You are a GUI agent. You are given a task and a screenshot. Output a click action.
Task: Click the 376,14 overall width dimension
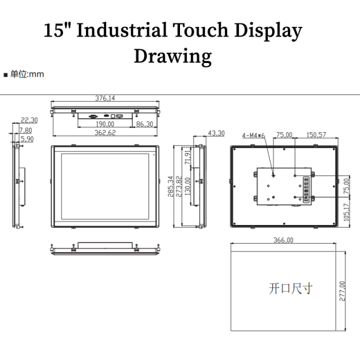coord(105,98)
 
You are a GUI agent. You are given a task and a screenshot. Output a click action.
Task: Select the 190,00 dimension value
coord(105,124)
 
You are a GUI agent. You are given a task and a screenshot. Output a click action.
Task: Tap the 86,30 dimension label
coord(145,124)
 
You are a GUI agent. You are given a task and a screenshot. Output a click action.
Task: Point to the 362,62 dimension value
coord(105,133)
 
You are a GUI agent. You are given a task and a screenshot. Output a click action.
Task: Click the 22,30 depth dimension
coord(29,120)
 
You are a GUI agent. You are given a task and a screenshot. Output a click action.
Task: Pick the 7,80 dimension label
coord(26,130)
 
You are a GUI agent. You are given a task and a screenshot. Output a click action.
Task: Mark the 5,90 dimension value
coord(26,138)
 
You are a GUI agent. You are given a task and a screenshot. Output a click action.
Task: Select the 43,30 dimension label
coord(216,133)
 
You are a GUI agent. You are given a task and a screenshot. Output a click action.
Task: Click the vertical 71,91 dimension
coord(188,158)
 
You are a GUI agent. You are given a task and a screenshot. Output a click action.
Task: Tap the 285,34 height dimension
coord(170,187)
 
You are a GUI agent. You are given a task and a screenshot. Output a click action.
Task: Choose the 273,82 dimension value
coord(179,187)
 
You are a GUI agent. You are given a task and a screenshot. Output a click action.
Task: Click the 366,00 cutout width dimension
coord(283,240)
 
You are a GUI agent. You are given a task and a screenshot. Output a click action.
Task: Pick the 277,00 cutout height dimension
coord(342,291)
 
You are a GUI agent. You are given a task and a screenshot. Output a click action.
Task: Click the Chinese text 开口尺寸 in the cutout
coord(290,289)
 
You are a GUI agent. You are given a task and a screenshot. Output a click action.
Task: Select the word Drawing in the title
coord(172,56)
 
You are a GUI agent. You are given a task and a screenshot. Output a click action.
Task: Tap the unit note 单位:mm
coord(26,74)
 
